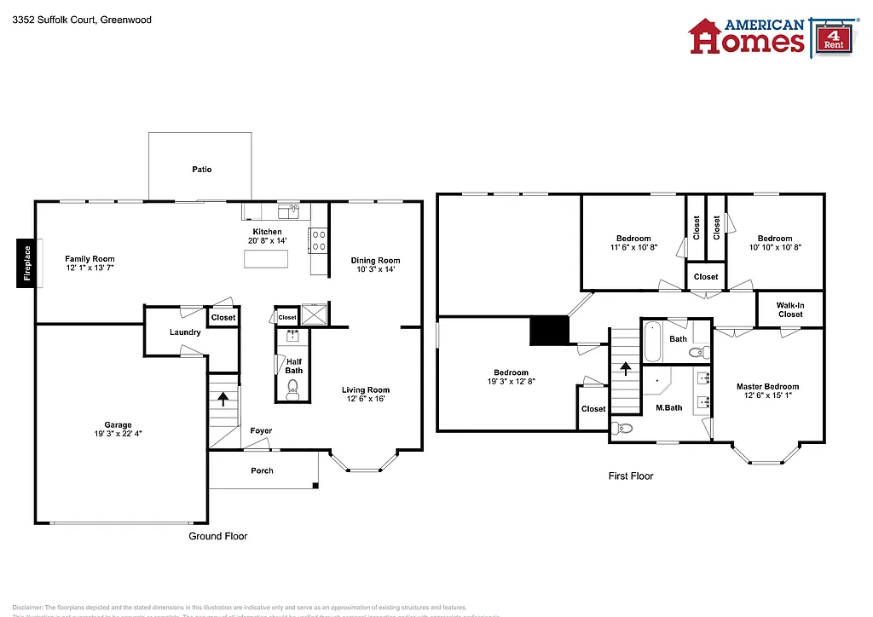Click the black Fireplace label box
[26, 263]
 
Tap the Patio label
[201, 170]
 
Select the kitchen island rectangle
[266, 259]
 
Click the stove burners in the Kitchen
[319, 241]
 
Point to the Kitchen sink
[287, 210]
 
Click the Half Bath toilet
[292, 389]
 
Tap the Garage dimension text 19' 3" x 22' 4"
[119, 434]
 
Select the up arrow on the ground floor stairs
[223, 398]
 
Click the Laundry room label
[185, 332]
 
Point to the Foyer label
[261, 431]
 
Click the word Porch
[262, 470]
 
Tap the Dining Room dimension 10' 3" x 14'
[375, 270]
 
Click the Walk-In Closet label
[789, 309]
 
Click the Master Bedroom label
[767, 386]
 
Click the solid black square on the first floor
[548, 331]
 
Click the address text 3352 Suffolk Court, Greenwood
[82, 19]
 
